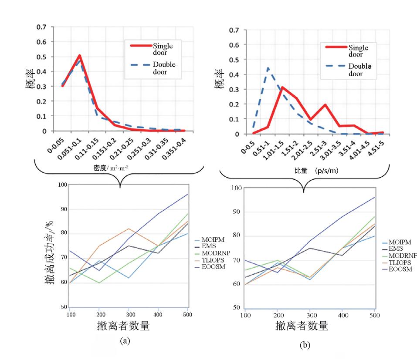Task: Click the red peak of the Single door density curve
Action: point(80,56)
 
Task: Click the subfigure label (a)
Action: point(124,341)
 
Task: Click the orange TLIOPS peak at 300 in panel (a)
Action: point(128,229)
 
